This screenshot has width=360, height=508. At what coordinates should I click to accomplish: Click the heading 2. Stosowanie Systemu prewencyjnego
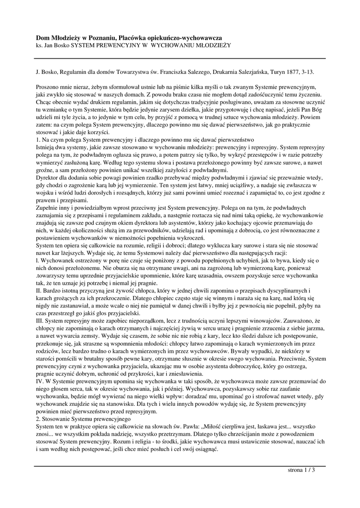tap(82, 419)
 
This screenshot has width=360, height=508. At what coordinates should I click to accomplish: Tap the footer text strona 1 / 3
tap(301, 470)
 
